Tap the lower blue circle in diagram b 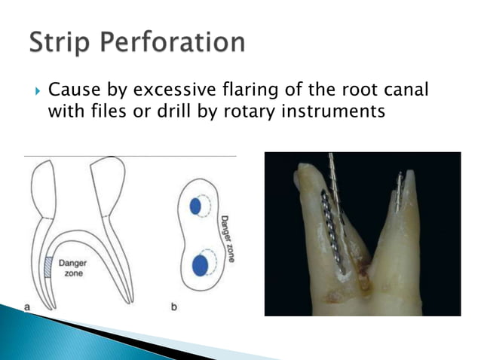(201, 265)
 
